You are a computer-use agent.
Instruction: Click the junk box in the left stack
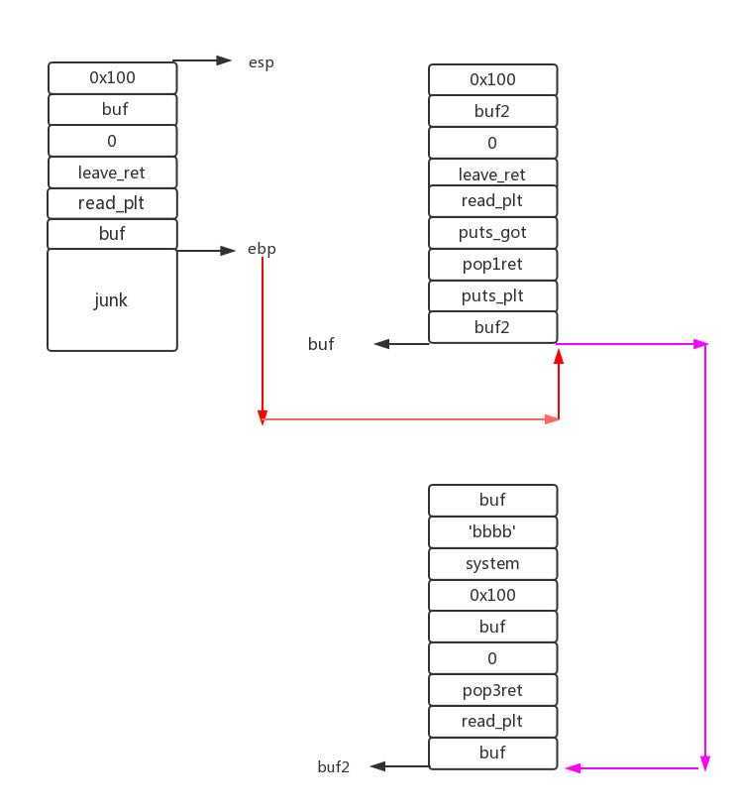(x=112, y=300)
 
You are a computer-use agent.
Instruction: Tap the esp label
(x=261, y=62)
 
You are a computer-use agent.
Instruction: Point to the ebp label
(x=262, y=249)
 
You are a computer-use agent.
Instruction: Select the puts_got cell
(x=492, y=233)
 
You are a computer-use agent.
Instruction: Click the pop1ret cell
(x=492, y=265)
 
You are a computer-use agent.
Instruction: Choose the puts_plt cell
(x=492, y=296)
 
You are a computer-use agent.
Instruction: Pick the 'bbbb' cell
(x=492, y=532)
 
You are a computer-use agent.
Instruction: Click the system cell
(x=492, y=564)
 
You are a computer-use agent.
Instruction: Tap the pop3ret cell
(x=492, y=690)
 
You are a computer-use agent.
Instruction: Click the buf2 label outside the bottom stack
(x=334, y=766)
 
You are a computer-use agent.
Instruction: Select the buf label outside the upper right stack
(x=321, y=344)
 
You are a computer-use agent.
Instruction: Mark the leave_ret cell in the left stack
(x=112, y=173)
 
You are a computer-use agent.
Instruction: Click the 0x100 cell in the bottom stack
(x=492, y=596)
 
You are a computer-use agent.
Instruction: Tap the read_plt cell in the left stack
(x=112, y=204)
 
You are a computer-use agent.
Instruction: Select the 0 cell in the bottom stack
(x=492, y=658)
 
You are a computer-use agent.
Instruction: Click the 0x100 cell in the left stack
(x=112, y=77)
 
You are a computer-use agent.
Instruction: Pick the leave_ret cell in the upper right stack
(x=492, y=174)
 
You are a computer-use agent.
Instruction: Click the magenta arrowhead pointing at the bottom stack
(x=573, y=768)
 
